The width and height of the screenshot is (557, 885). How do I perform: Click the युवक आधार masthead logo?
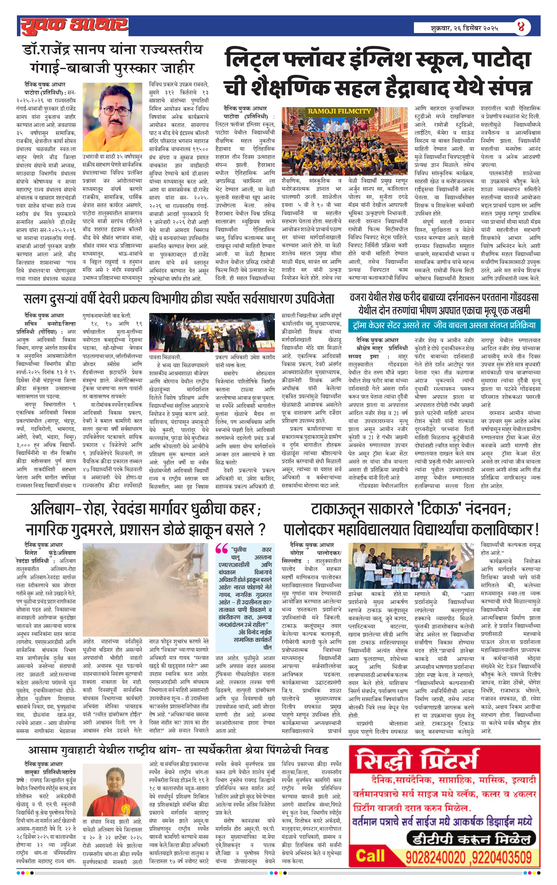click(74, 26)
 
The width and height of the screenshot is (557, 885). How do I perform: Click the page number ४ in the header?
click(521, 26)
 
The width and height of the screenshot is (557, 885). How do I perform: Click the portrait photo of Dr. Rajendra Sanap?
click(112, 117)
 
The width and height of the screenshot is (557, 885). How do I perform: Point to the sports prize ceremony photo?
click(212, 332)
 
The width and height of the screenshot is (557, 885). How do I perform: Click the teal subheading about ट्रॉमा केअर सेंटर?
click(444, 325)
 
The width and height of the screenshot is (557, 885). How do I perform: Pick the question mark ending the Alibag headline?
click(262, 530)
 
